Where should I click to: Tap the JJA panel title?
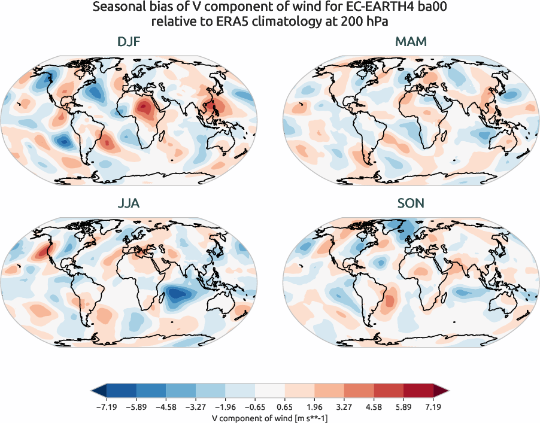click(129, 204)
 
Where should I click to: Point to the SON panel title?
click(411, 204)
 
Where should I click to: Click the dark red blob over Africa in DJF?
click(144, 108)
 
